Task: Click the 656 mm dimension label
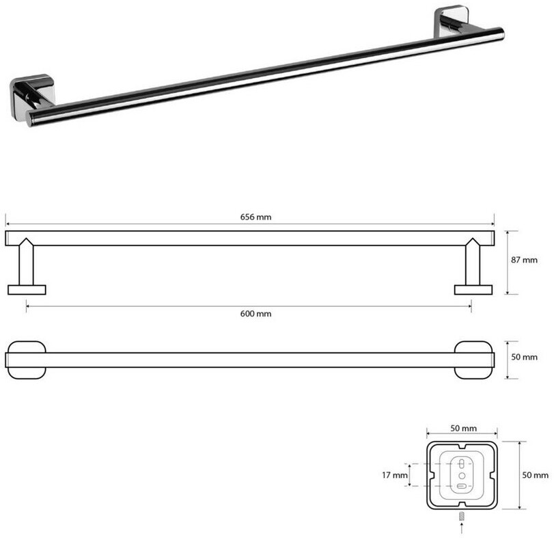pyautogui.click(x=255, y=217)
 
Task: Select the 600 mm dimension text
pyautogui.click(x=255, y=314)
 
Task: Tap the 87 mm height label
pyautogui.click(x=524, y=260)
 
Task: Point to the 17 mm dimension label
pyautogui.click(x=394, y=475)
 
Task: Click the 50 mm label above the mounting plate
pyautogui.click(x=463, y=429)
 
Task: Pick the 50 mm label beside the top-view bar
pyautogui.click(x=524, y=357)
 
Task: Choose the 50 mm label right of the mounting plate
pyautogui.click(x=536, y=475)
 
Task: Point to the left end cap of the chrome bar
pyautogui.click(x=30, y=119)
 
